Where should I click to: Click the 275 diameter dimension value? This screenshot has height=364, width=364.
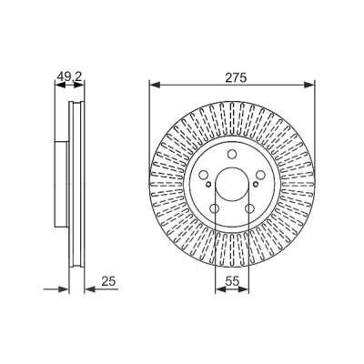click(x=236, y=78)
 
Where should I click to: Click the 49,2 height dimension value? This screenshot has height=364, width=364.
click(x=69, y=77)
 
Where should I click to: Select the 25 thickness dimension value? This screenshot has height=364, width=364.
click(x=108, y=281)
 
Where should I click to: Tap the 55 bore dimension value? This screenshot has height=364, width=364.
click(x=233, y=282)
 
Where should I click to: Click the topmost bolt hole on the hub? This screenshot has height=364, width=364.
click(x=232, y=154)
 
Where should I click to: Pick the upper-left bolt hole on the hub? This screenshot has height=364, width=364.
click(x=204, y=175)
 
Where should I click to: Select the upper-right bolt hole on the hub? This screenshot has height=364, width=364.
click(x=260, y=175)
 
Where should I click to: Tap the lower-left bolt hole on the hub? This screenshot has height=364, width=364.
click(x=215, y=208)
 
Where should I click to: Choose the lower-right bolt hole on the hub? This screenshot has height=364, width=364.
click(x=249, y=208)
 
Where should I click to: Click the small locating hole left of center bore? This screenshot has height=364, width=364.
click(x=208, y=184)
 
